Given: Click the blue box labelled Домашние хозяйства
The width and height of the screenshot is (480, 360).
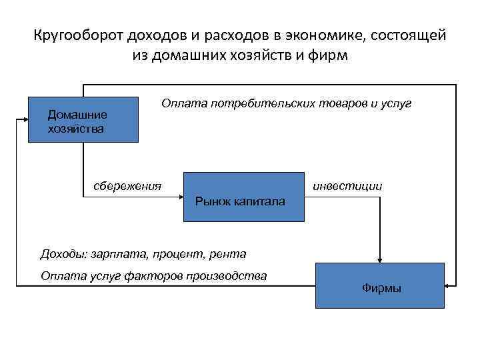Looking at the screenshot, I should tap(83, 120).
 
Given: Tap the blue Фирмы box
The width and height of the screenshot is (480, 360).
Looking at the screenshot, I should tap(379, 285).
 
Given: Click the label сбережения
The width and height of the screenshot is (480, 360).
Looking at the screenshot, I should tap(127, 185).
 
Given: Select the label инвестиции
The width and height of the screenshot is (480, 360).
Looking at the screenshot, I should tap(347, 186).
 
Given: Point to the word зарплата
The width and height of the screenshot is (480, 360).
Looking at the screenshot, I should tap(115, 253).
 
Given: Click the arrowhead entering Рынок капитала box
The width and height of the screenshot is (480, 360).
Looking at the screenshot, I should tap(180, 195).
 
